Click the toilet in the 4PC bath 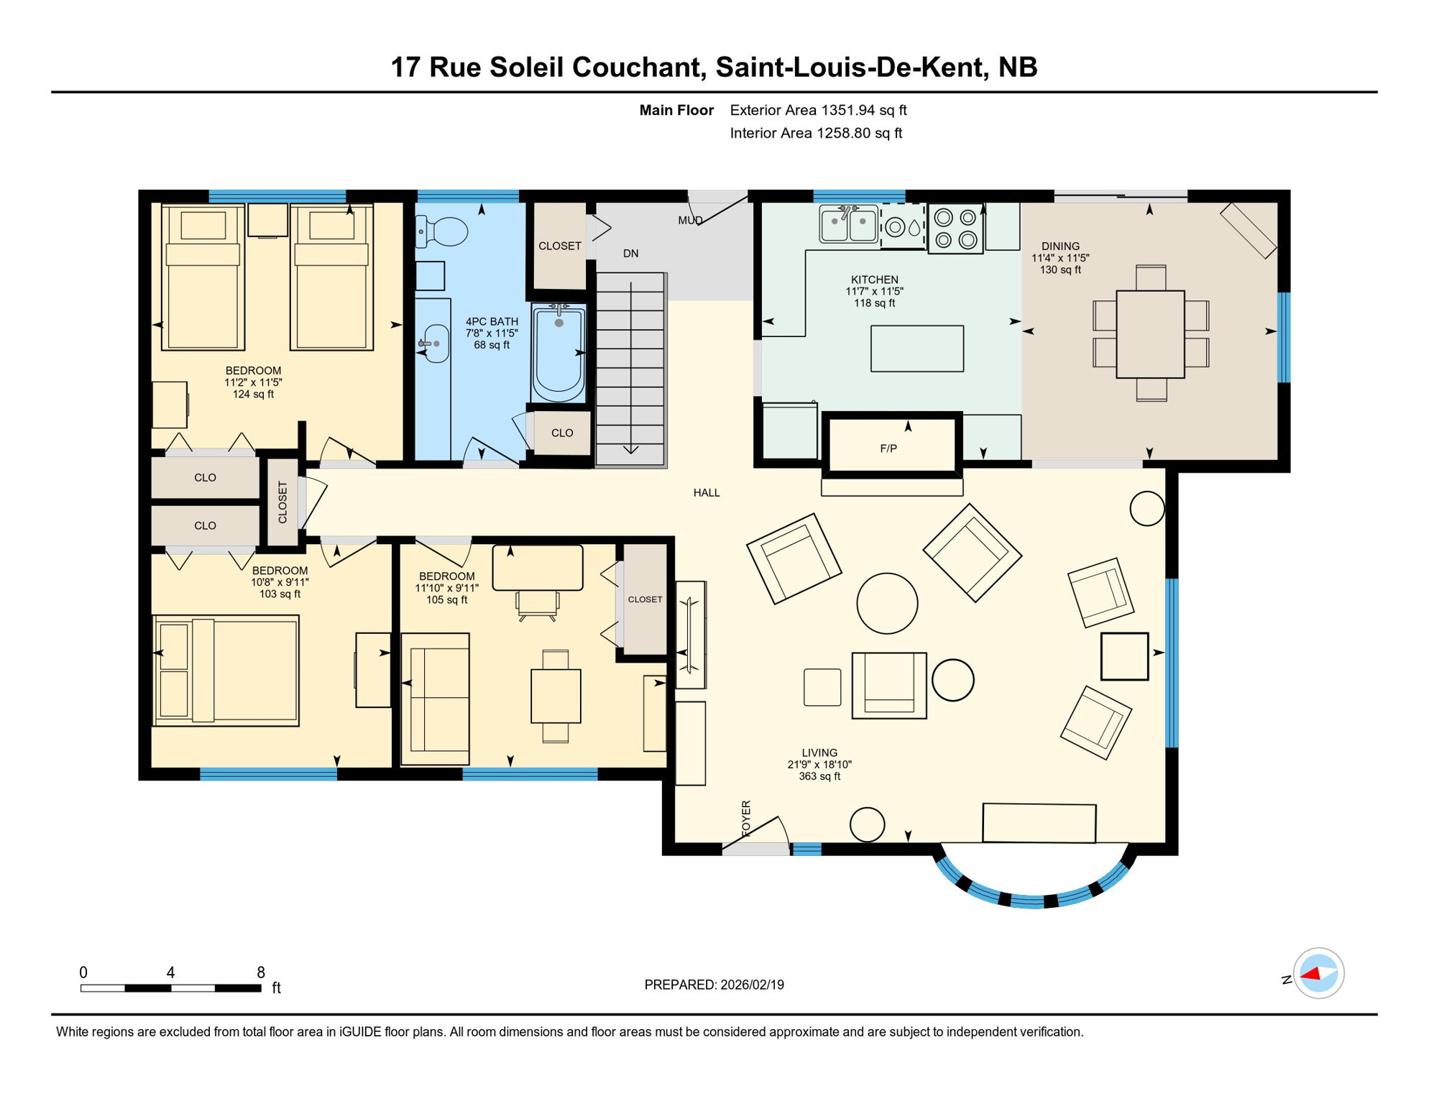click(x=444, y=231)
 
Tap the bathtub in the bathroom click(x=559, y=352)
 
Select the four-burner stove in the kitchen click(x=955, y=229)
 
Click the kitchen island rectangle click(x=917, y=349)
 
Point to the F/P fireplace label click(x=888, y=448)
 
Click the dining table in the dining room click(x=1150, y=334)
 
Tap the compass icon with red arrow click(x=1318, y=973)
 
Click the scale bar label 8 click(x=261, y=972)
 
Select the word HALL click(x=707, y=493)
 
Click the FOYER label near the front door click(x=746, y=818)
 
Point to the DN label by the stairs click(x=631, y=254)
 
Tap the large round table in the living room click(x=887, y=603)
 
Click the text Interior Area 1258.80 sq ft click(x=816, y=133)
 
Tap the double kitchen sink click(x=849, y=224)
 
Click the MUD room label click(x=690, y=221)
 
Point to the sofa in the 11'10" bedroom click(x=435, y=699)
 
